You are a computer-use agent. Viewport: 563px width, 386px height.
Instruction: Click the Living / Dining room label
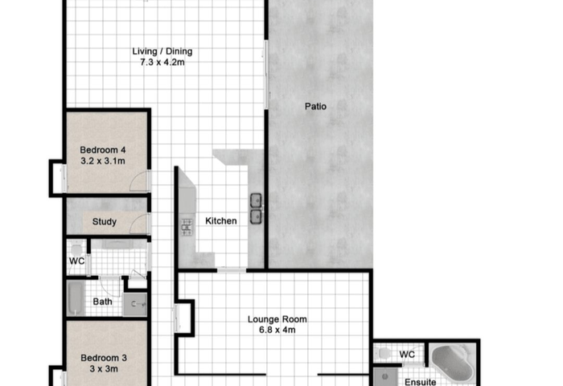point(162,51)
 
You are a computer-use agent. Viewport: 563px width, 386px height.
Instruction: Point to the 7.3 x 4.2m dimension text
point(162,62)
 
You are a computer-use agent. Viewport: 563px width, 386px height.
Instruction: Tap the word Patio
point(315,106)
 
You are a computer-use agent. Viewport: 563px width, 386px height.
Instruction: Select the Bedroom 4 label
point(103,150)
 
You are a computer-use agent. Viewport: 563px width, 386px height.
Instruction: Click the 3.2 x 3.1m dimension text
point(103,161)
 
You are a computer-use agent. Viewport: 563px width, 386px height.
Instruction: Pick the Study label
point(105,221)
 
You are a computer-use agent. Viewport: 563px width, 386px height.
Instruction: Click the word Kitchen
point(221,221)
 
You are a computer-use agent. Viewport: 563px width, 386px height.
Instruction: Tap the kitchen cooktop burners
point(187,228)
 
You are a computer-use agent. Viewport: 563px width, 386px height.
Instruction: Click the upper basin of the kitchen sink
point(256,200)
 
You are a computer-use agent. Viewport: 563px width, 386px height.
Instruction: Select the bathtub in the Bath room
point(76,298)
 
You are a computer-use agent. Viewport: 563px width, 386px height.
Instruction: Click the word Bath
point(103,302)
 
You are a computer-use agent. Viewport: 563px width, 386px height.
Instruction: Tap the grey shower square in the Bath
point(134,305)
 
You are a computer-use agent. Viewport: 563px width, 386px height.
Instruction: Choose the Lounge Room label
point(277,319)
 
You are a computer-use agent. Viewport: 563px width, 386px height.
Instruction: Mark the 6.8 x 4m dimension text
point(277,330)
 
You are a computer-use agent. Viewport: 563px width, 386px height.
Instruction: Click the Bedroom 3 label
point(104,358)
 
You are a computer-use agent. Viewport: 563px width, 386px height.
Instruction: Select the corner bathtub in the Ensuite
point(452,363)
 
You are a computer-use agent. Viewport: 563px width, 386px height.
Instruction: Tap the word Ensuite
point(421,382)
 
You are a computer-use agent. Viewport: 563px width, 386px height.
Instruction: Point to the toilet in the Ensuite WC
point(384,353)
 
